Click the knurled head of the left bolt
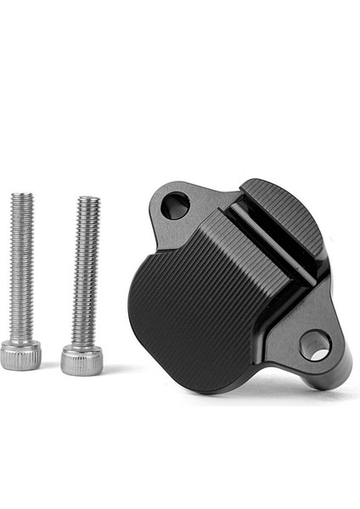(20, 355)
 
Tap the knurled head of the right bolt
(82, 360)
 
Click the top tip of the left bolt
(23, 195)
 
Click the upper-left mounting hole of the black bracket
(175, 204)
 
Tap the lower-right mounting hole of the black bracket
(314, 344)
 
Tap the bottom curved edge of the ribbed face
(204, 389)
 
